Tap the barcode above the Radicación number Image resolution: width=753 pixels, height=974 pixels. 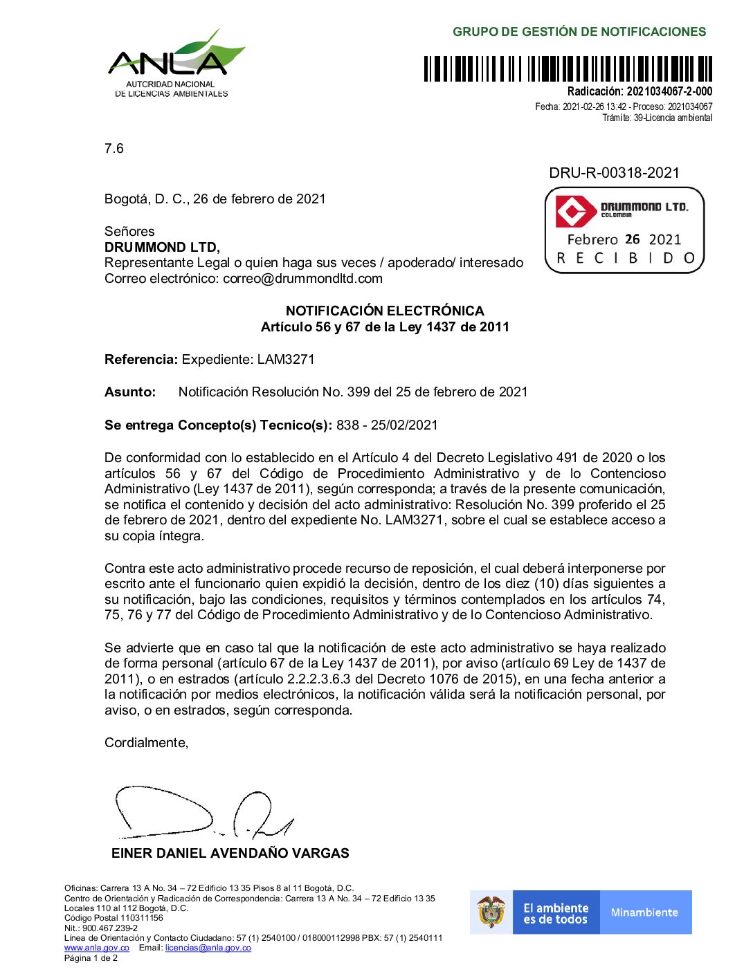click(568, 69)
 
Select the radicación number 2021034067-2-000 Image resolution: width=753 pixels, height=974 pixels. click(669, 91)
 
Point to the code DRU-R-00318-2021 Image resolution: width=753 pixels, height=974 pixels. click(614, 173)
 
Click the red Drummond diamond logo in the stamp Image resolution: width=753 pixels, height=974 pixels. click(575, 212)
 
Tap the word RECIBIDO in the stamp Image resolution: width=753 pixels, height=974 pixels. click(626, 258)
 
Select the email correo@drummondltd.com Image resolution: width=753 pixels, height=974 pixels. click(302, 279)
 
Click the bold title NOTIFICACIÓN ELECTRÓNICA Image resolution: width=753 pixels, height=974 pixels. click(385, 311)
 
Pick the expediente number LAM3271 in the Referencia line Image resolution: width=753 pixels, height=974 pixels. click(286, 359)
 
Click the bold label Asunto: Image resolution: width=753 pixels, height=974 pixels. click(130, 392)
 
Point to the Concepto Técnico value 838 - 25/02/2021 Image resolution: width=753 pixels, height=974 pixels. click(387, 425)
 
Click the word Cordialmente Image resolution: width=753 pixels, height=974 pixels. click(146, 743)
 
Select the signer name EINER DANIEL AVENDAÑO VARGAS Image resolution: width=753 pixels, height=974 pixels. click(230, 854)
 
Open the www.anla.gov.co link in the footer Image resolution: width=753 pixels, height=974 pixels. click(97, 948)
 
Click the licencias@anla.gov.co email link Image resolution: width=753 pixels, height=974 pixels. click(208, 948)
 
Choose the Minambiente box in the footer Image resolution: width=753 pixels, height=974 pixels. click(644, 912)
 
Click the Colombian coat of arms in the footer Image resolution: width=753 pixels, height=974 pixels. click(491, 912)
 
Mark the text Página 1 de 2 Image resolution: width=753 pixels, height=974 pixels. click(91, 958)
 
